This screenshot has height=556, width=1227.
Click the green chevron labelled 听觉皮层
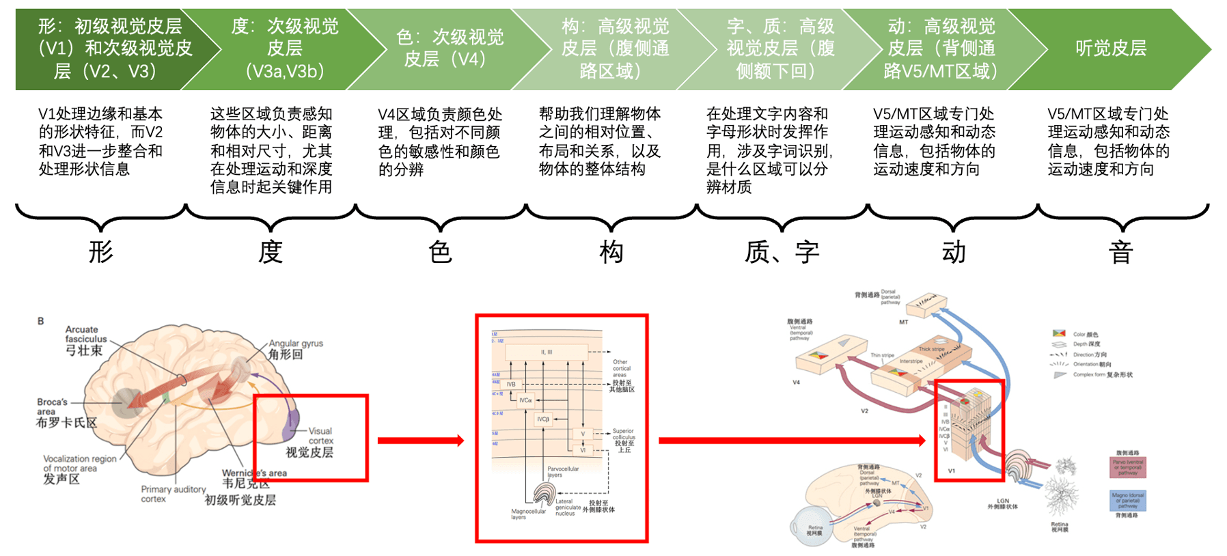pyautogui.click(x=1110, y=48)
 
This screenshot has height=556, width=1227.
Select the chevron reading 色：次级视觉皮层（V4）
pyautogui.click(x=449, y=48)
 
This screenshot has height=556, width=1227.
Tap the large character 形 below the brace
pyautogui.click(x=100, y=252)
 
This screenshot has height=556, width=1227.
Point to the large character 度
pyautogui.click(x=271, y=252)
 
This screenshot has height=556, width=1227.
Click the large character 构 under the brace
pyautogui.click(x=611, y=252)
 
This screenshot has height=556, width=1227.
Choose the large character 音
pyautogui.click(x=1121, y=252)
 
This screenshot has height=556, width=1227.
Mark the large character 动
pyautogui.click(x=954, y=252)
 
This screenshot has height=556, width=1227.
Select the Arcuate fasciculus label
pyautogui.click(x=85, y=340)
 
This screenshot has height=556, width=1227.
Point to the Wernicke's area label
pyautogui.click(x=253, y=478)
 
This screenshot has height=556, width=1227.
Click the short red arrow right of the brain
pyautogui.click(x=420, y=441)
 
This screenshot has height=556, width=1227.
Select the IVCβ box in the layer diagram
pyautogui.click(x=542, y=419)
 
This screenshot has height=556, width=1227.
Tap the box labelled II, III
pyautogui.click(x=547, y=352)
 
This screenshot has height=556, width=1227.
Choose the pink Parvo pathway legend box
pyautogui.click(x=1127, y=467)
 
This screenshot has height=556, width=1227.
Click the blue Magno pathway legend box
pyautogui.click(x=1127, y=501)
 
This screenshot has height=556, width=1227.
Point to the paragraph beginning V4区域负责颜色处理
pyautogui.click(x=440, y=141)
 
